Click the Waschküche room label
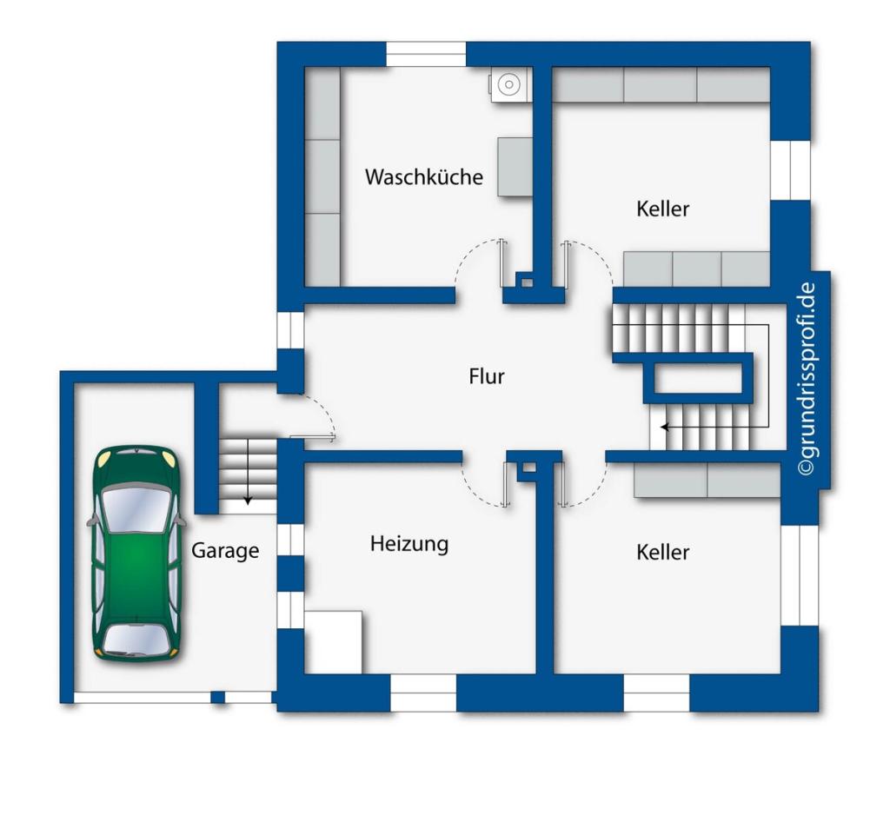(424, 176)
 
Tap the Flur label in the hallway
(487, 376)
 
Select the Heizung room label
(409, 544)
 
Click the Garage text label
(225, 550)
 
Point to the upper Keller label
(662, 209)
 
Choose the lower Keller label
(662, 552)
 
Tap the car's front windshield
(136, 509)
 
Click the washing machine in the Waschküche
(510, 85)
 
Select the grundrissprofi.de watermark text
(807, 379)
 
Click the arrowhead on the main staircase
(664, 427)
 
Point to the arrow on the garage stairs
(248, 471)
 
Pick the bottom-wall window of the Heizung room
(423, 693)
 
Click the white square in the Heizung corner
(334, 642)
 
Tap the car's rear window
(136, 639)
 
